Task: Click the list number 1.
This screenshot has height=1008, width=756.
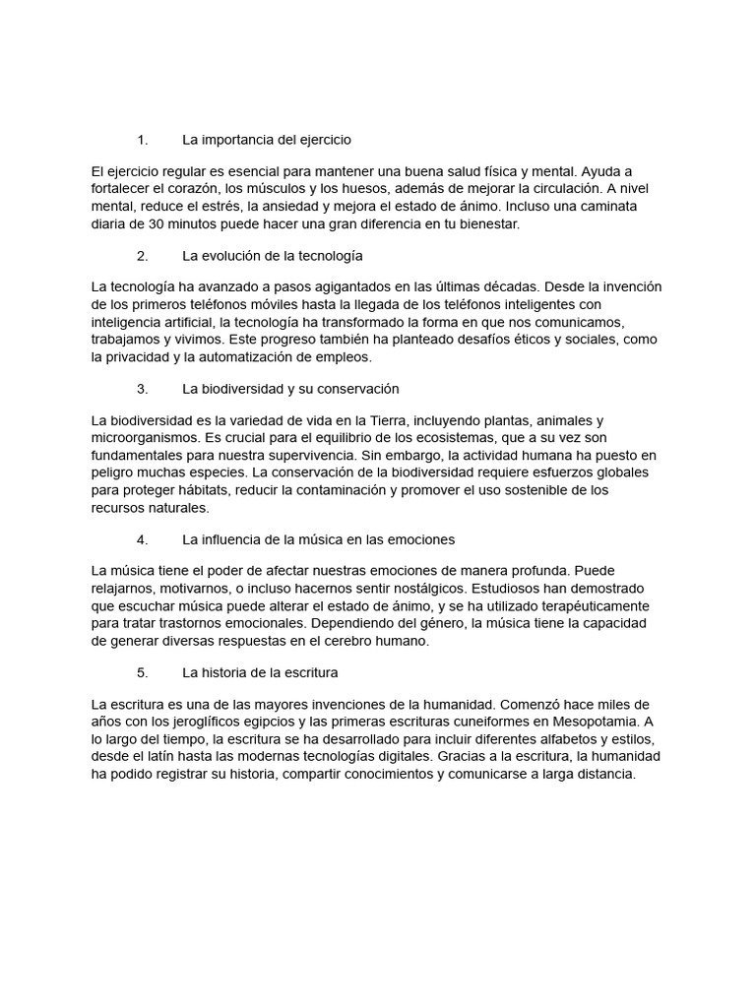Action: click(x=142, y=140)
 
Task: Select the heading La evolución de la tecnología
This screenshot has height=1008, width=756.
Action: click(x=273, y=256)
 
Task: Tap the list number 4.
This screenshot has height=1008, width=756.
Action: click(x=142, y=539)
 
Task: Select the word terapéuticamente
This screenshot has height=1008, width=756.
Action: click(x=582, y=606)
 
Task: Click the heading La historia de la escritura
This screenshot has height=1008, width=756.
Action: click(x=260, y=673)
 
